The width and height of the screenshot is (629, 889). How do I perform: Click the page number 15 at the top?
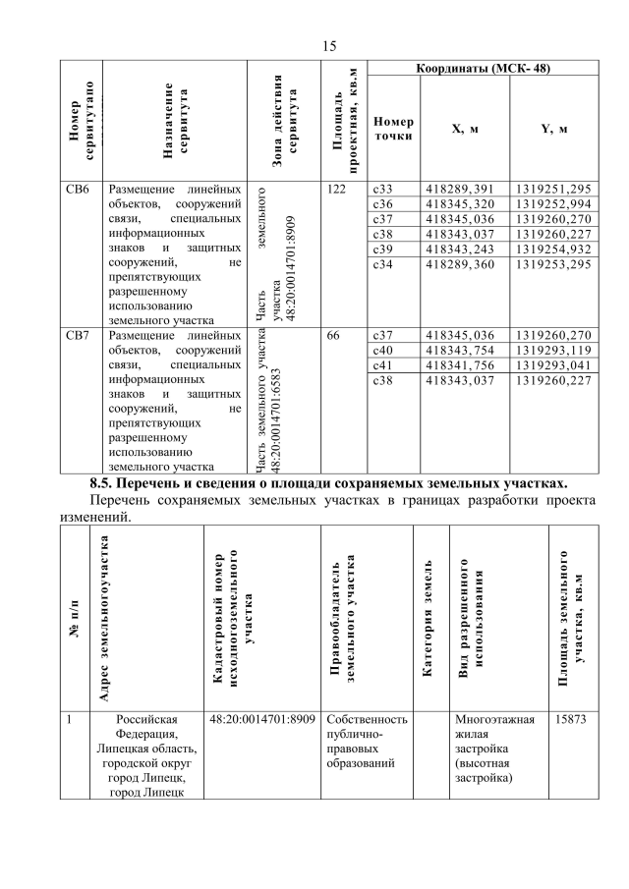coord(328,45)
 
